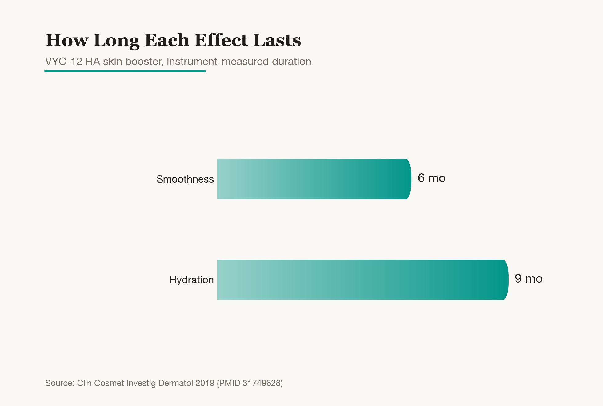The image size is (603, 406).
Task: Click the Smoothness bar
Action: (314, 179)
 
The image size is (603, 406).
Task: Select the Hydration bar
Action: (363, 280)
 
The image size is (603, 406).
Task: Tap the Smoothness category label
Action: (185, 179)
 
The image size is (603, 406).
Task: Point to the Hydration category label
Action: (191, 280)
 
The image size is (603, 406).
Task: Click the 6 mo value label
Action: (432, 178)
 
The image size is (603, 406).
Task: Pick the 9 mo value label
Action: (529, 279)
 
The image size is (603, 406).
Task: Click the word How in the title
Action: (67, 40)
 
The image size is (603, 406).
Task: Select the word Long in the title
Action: (116, 41)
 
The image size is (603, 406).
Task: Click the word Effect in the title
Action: (221, 40)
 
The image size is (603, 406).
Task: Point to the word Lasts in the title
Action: (277, 40)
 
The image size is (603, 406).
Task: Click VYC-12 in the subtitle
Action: (64, 62)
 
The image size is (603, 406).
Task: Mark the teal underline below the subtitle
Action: (125, 71)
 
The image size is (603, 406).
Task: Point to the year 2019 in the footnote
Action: (205, 383)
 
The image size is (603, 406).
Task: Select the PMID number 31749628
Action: (261, 383)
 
